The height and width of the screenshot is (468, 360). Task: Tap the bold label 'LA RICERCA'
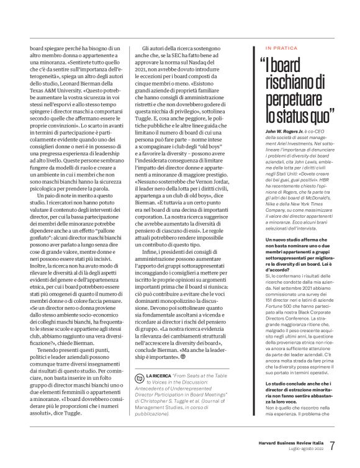coord(160,394)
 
